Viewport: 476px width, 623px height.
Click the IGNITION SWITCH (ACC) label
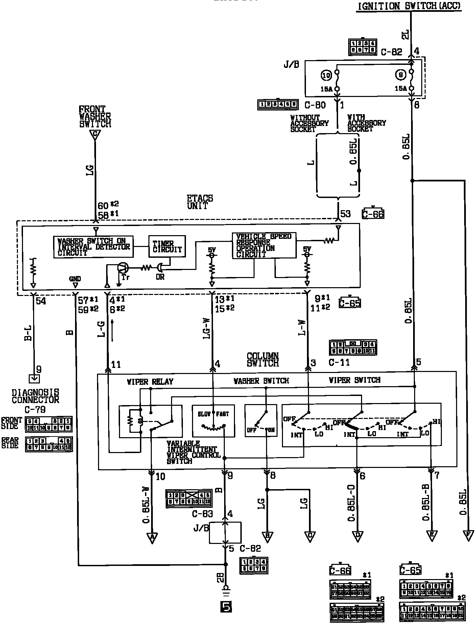[409, 6]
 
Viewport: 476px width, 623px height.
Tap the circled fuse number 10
[326, 76]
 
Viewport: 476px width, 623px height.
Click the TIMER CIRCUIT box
[167, 247]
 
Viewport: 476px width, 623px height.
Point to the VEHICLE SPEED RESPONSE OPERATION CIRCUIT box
[264, 245]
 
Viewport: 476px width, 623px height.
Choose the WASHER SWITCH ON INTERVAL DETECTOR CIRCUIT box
[94, 247]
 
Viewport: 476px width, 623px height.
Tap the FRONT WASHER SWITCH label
[95, 117]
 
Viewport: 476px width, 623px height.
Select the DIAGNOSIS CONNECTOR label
[35, 396]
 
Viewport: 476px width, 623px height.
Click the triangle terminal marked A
[152, 538]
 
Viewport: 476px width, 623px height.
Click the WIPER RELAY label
[150, 382]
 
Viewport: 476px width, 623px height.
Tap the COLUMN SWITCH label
[263, 359]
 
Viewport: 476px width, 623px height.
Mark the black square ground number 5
[226, 607]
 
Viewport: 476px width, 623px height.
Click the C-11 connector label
[339, 363]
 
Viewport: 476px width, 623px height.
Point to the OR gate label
[160, 277]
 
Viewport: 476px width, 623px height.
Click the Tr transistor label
[125, 277]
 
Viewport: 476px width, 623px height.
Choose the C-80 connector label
[315, 105]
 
